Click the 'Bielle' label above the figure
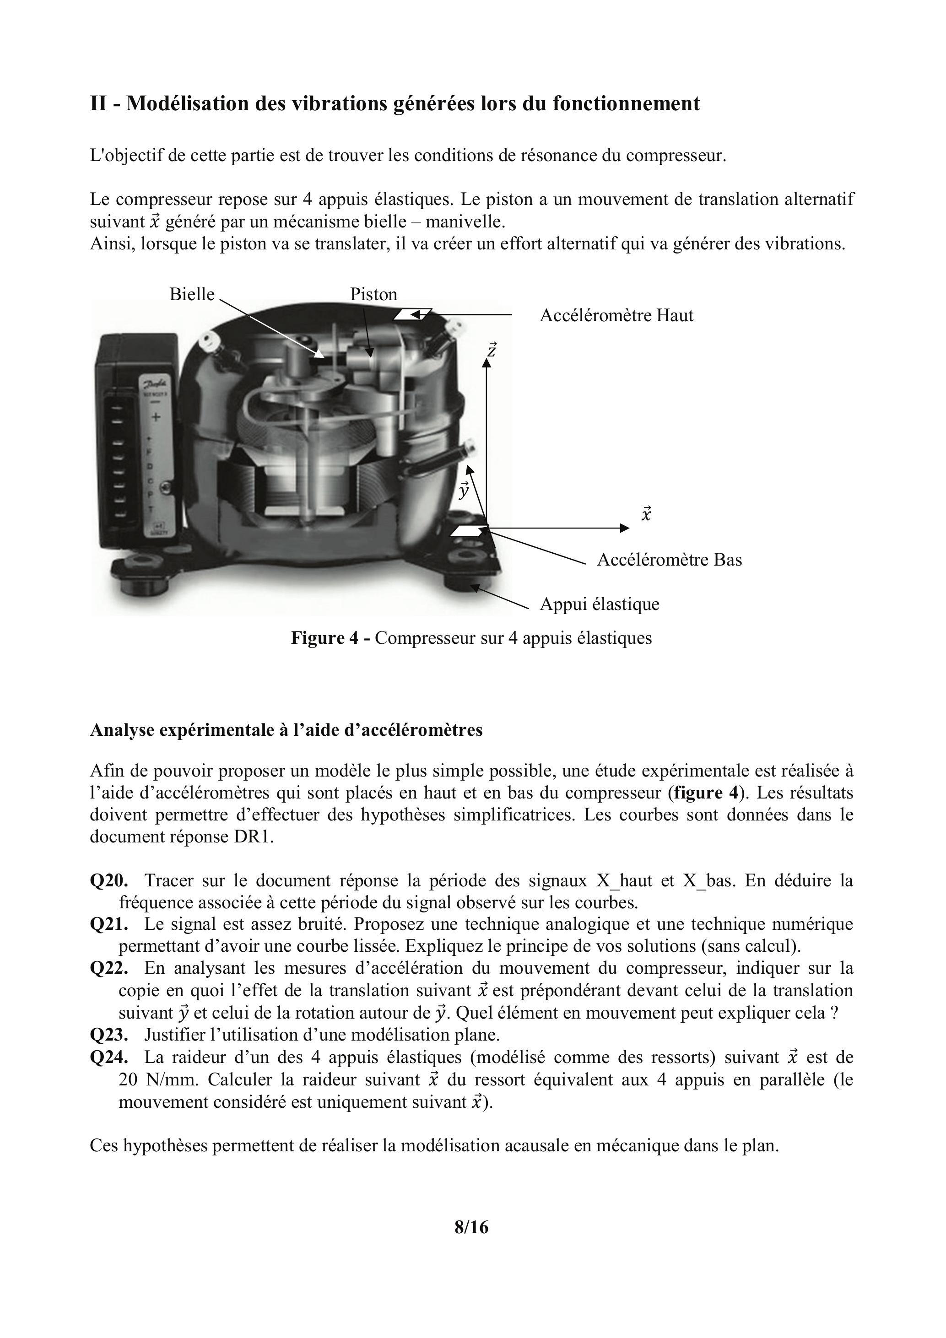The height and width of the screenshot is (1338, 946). point(192,294)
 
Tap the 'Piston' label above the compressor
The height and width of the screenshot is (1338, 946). point(373,294)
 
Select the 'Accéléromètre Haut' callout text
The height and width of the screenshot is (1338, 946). point(616,316)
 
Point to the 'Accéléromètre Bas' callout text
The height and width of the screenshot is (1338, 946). point(669,560)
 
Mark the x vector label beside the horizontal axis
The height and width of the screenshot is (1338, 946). point(646,514)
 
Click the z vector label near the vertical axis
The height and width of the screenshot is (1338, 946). point(492,350)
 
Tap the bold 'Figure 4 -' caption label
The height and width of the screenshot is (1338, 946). point(330,638)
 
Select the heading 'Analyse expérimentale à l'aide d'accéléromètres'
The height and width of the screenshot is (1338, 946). point(286,730)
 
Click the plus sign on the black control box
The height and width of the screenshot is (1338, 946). point(156,417)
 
